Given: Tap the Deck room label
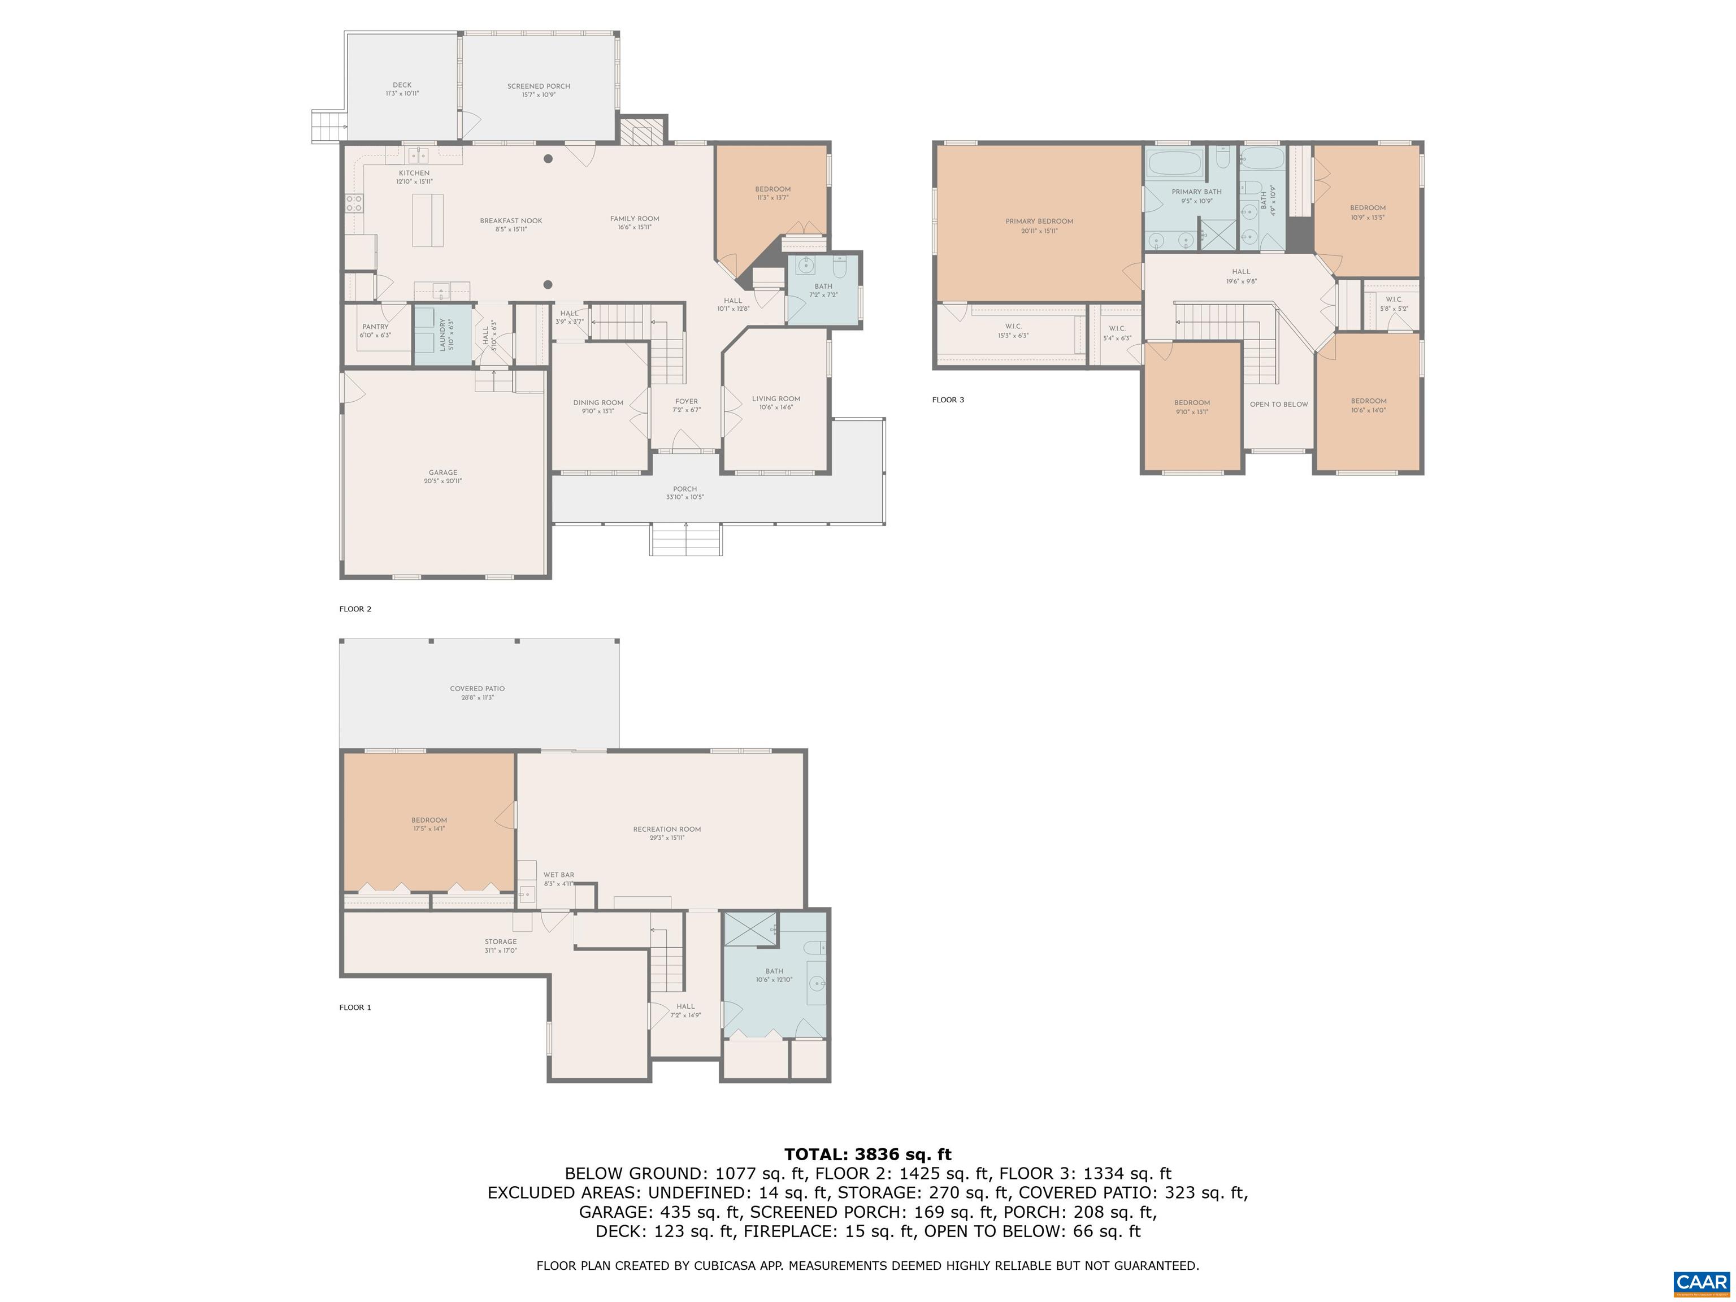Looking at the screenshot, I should (x=402, y=89).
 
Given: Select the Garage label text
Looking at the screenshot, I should (x=442, y=476).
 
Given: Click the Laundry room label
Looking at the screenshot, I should (x=442, y=335).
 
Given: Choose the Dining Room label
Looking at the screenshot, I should (x=597, y=406).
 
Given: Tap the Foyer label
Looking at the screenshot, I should (x=687, y=405).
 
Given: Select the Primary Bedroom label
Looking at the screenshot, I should (x=1039, y=225).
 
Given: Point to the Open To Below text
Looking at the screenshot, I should (x=1278, y=404).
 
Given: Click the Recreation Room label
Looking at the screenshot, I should (x=666, y=833).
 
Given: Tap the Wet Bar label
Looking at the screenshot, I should (x=559, y=878).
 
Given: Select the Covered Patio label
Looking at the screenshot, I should (x=477, y=692).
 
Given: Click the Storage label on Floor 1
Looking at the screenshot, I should (x=501, y=945).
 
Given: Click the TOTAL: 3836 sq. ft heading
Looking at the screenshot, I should (x=867, y=1154).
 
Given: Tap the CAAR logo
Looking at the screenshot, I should (x=1700, y=1282).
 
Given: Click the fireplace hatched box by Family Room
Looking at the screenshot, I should (x=642, y=131).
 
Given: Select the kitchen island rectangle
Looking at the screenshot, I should (x=428, y=220).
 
